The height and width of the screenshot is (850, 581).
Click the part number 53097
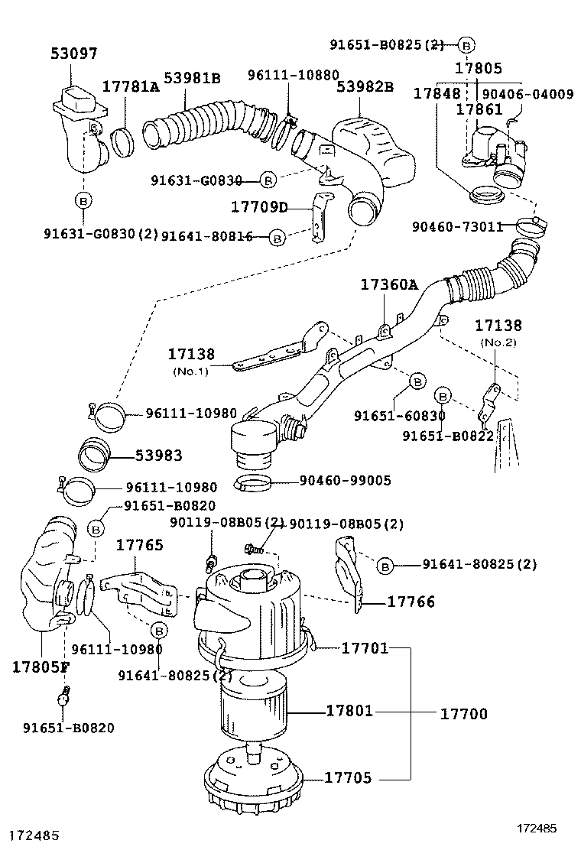pyautogui.click(x=74, y=54)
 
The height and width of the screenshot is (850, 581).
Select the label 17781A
pyautogui.click(x=131, y=86)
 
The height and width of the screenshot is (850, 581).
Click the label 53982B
pyautogui.click(x=365, y=86)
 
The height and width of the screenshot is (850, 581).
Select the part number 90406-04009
pyautogui.click(x=527, y=95)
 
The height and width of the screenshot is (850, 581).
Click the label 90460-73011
pyautogui.click(x=457, y=226)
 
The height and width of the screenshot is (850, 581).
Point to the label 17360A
pyautogui.click(x=389, y=284)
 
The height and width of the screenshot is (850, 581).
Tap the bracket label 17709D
pyautogui.click(x=259, y=206)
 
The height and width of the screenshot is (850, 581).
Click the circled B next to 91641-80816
pyautogui.click(x=278, y=238)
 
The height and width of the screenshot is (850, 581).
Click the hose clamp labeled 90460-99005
pyautogui.click(x=254, y=483)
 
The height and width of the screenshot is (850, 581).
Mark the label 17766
pyautogui.click(x=411, y=602)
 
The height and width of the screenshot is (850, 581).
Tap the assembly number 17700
pyautogui.click(x=463, y=714)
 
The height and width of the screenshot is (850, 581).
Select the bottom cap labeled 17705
pyautogui.click(x=252, y=777)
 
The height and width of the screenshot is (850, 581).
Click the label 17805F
pyautogui.click(x=41, y=666)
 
